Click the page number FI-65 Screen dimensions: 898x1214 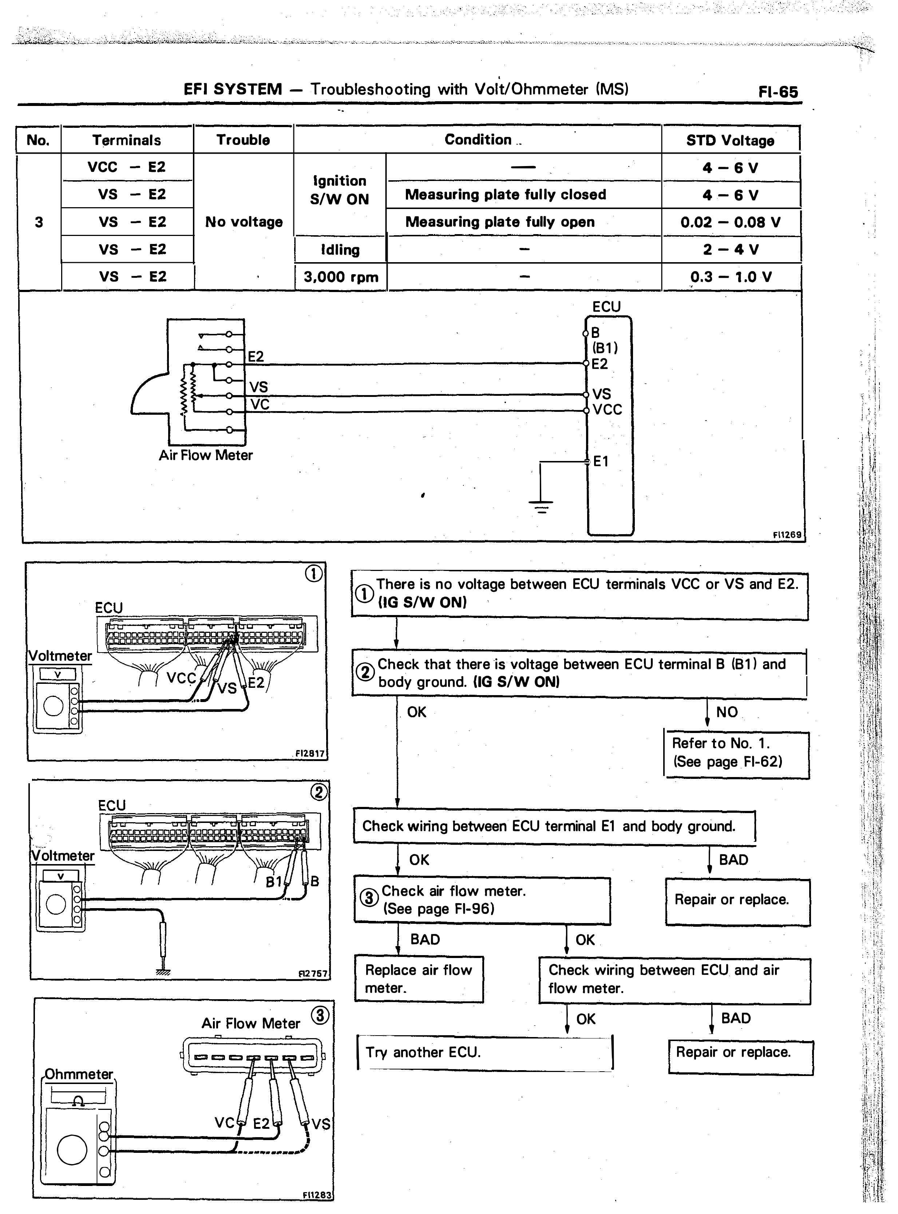tap(778, 91)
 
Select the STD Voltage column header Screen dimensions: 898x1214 tap(730, 140)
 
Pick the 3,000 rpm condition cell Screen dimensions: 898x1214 tap(341, 277)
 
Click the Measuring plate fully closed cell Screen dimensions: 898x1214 tap(506, 195)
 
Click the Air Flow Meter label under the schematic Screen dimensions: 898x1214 tap(205, 455)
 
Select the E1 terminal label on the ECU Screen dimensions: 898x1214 tap(601, 462)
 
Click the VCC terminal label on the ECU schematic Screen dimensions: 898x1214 tap(607, 409)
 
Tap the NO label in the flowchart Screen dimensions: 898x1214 tap(727, 712)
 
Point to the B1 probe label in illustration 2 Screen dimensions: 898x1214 tap(273, 882)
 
